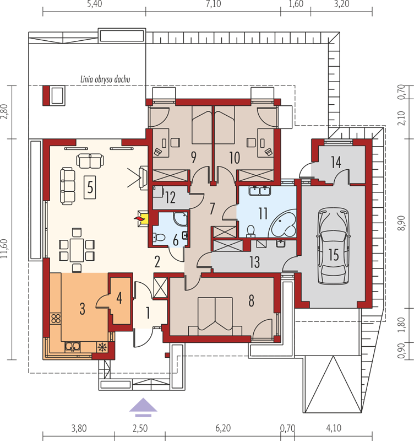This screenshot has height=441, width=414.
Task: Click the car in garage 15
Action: [x=334, y=245]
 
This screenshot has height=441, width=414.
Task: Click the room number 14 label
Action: [x=336, y=162]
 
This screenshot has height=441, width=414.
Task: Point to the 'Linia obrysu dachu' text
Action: [x=105, y=79]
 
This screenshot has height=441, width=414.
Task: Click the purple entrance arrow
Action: [x=143, y=407]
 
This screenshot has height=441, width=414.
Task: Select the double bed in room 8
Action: [x=215, y=316]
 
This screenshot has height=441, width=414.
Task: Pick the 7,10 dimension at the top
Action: [x=213, y=4]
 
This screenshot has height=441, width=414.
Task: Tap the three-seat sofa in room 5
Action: [x=68, y=186]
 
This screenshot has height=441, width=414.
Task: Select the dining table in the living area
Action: [x=77, y=250]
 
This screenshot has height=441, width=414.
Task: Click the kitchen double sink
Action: [x=73, y=347]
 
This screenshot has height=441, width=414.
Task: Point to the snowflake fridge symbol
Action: [x=102, y=347]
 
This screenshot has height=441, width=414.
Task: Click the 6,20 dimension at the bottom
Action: [x=223, y=428]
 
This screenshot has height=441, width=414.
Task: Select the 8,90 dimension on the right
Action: [x=402, y=223]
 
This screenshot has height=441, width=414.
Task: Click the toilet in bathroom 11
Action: [x=251, y=230]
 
